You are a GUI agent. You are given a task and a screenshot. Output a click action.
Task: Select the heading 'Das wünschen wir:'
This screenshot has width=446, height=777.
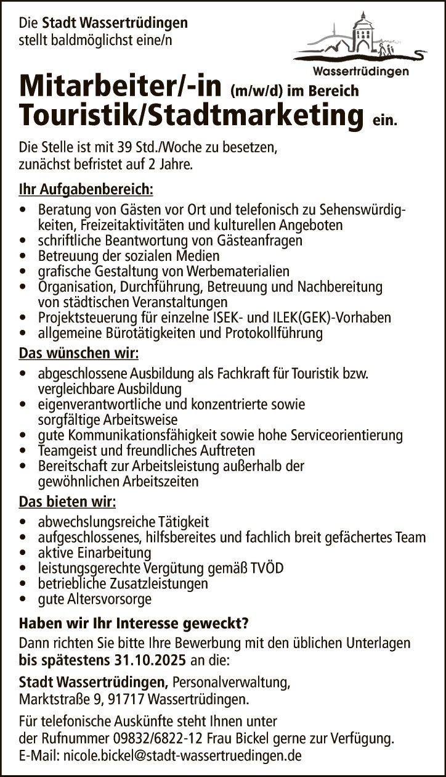point(79,354)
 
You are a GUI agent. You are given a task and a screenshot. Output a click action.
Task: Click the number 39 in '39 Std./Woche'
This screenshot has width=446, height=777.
point(113,148)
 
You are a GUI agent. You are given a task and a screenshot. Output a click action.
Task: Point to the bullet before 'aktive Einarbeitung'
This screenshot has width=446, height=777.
point(23,552)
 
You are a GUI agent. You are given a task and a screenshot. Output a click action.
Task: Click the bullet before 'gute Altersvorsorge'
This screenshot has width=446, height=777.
point(23,599)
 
